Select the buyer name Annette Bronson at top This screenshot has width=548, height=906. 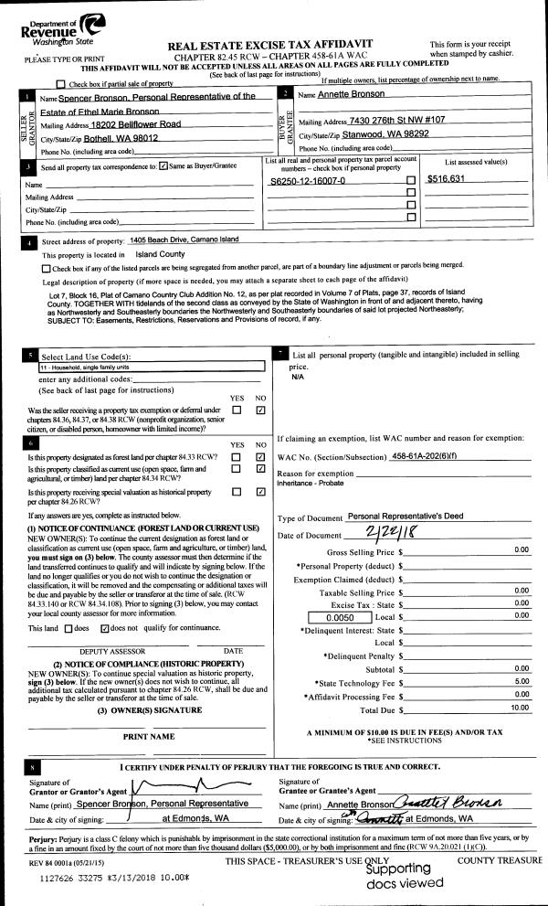click(350, 95)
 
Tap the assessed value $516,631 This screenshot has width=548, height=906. click(447, 178)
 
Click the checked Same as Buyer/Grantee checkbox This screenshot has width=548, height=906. click(163, 166)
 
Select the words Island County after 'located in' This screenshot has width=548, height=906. click(161, 254)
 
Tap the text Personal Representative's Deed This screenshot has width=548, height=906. click(406, 517)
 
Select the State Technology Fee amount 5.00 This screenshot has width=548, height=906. click(522, 681)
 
